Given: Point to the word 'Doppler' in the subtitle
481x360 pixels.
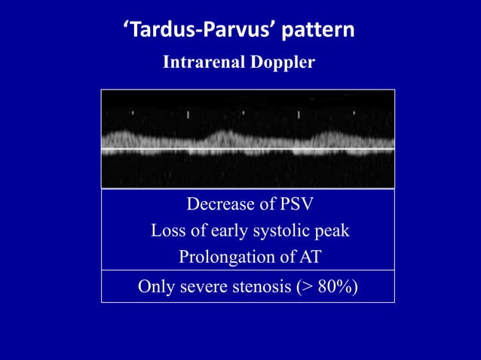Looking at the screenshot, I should tap(281, 63).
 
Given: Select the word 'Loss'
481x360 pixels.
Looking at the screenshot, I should tap(167, 230).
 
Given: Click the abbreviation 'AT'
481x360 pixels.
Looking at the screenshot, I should tap(310, 257).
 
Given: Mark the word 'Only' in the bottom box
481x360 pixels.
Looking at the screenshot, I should tap(155, 287).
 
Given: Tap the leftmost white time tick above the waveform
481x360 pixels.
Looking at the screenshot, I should tap(133, 114).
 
